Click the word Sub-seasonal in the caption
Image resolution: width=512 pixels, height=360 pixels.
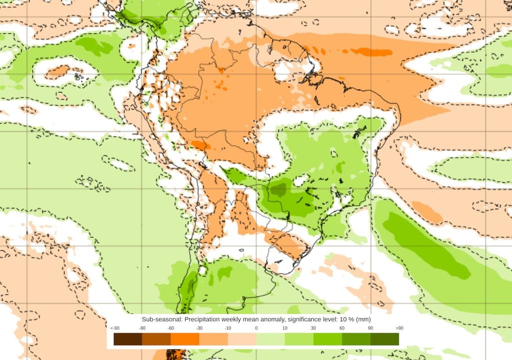[x=159, y=319]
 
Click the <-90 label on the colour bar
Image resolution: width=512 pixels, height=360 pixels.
[x=114, y=328]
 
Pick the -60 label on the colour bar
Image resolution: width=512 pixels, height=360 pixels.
[x=171, y=328]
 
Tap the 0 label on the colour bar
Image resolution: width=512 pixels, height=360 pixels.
[x=256, y=328]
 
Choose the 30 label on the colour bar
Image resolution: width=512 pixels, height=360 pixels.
[x=313, y=328]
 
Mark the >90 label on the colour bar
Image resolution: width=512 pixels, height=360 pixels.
[x=399, y=328]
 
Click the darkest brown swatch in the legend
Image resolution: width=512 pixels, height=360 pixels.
[x=128, y=339]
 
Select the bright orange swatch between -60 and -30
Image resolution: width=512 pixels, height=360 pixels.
[x=185, y=339]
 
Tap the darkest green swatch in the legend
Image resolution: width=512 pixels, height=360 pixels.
[x=384, y=339]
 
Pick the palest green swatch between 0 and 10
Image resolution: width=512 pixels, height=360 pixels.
[x=270, y=339]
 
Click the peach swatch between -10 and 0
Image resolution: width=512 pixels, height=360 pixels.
[x=242, y=339]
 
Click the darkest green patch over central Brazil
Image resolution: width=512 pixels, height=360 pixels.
[x=278, y=189]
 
